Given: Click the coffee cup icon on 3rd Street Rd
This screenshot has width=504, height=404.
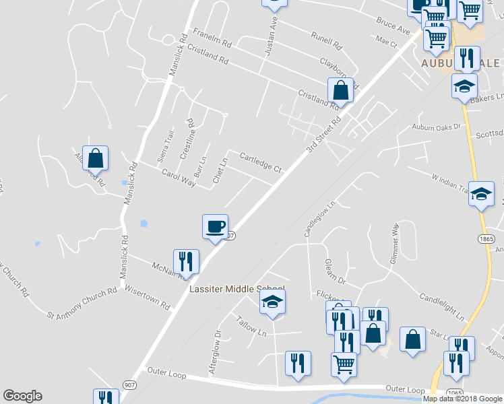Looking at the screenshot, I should (x=216, y=226).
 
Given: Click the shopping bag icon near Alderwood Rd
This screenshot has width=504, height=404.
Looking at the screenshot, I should (x=96, y=158).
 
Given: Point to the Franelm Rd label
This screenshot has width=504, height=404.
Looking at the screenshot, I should (x=212, y=37).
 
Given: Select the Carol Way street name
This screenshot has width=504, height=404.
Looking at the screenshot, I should (x=178, y=178).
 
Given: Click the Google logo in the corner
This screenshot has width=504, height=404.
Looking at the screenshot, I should (x=22, y=396).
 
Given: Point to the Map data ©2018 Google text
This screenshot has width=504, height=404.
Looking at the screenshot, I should (x=463, y=399).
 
